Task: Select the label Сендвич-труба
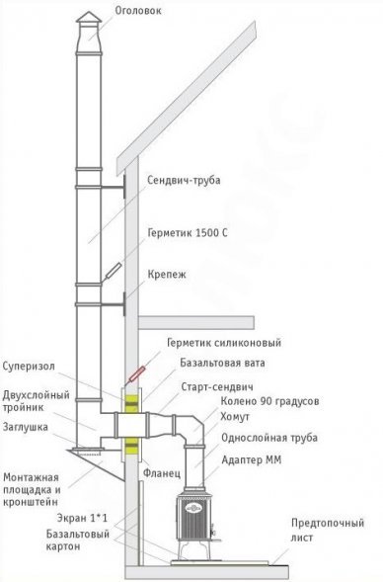[x=183, y=182]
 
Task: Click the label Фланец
[x=165, y=472]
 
